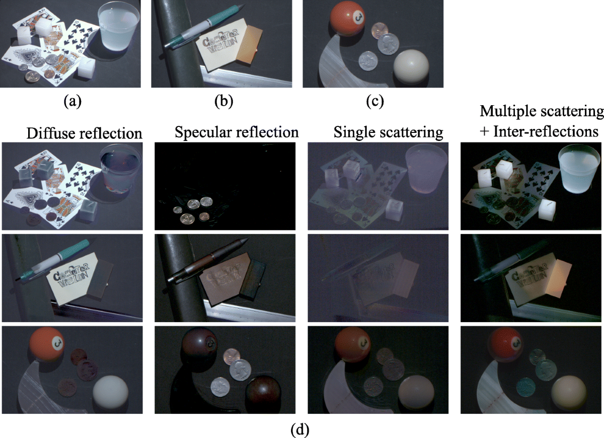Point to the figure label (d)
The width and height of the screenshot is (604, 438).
click(301, 430)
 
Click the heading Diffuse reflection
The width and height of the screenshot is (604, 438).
click(84, 133)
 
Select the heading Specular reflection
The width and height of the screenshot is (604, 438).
click(237, 132)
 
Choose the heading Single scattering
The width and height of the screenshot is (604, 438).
click(388, 133)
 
